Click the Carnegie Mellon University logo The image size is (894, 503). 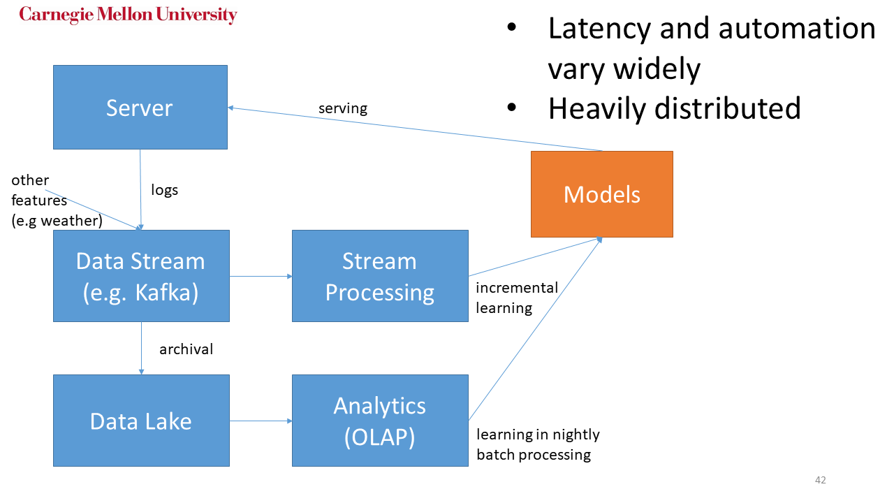128,15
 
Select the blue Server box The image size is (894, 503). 140,107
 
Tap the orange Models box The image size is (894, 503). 601,194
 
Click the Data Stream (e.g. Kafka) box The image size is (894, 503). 141,276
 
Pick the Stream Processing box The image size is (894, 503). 379,276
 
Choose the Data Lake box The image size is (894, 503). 141,421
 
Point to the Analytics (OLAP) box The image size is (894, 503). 379,421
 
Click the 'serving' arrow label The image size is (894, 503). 342,108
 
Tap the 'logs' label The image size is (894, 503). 165,190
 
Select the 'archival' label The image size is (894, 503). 186,349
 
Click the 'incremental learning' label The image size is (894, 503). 506,298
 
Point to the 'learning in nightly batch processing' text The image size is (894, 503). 538,444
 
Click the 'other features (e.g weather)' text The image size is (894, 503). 56,201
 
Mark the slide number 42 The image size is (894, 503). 820,480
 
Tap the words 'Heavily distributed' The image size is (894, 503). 674,108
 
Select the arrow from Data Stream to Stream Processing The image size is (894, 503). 261,276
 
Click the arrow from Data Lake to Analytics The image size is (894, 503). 261,421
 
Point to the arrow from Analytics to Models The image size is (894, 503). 535,329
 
